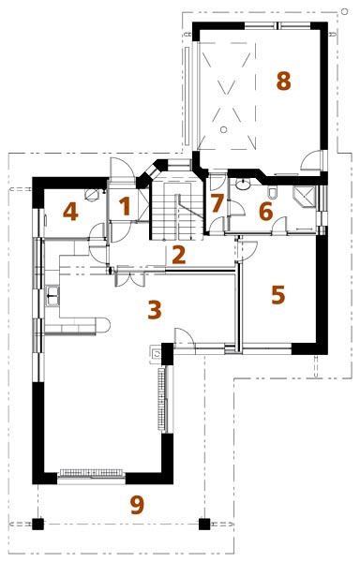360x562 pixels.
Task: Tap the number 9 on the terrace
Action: pyautogui.click(x=137, y=505)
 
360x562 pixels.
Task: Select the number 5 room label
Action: pyautogui.click(x=278, y=295)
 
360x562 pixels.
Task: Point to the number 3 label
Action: pyautogui.click(x=155, y=310)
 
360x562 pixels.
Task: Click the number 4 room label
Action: pyautogui.click(x=70, y=212)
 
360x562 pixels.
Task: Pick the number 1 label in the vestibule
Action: pyautogui.click(x=124, y=207)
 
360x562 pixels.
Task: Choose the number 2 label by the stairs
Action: pyautogui.click(x=178, y=255)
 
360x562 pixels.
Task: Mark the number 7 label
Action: pyautogui.click(x=217, y=203)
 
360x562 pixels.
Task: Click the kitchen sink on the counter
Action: pyautogui.click(x=52, y=296)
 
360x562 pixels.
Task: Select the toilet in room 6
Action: pyautogui.click(x=272, y=192)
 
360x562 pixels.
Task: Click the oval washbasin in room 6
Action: pyautogui.click(x=244, y=185)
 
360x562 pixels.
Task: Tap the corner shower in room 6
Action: pyautogui.click(x=304, y=197)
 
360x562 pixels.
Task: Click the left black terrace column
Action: pyautogui.click(x=37, y=524)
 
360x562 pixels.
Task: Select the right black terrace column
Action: pyautogui.click(x=204, y=524)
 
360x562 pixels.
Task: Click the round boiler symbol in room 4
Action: pyautogui.click(x=92, y=195)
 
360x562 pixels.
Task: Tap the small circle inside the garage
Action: pyautogui.click(x=223, y=130)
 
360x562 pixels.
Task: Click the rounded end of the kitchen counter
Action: pyautogui.click(x=105, y=325)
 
